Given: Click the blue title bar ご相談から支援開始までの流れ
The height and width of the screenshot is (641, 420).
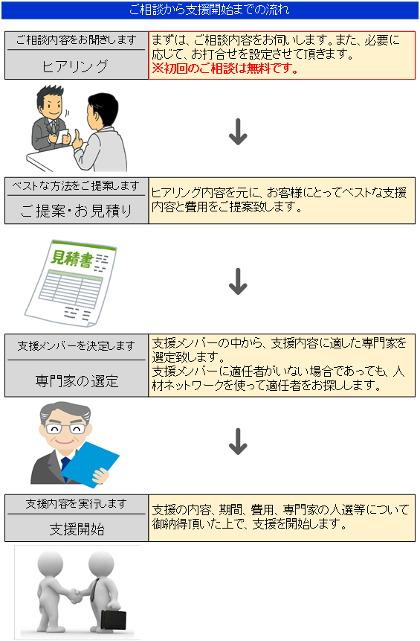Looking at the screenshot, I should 210,10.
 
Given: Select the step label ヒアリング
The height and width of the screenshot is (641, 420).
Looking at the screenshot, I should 77,66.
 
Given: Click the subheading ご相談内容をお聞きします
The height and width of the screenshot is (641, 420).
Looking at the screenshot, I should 77,40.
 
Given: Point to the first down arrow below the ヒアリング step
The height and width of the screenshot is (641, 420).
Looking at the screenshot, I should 237,132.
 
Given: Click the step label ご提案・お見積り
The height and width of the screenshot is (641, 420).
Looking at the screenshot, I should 77,211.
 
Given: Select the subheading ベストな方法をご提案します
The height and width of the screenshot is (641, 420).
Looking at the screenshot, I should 77,186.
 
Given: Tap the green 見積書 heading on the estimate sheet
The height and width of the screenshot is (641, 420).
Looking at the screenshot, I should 68,259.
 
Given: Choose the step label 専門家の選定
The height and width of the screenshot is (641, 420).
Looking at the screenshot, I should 77,380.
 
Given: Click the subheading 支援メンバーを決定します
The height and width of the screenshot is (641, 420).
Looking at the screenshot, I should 77,346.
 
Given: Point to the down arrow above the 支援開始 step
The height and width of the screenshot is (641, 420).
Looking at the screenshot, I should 237,441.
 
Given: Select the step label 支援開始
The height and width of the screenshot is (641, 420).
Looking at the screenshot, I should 77,529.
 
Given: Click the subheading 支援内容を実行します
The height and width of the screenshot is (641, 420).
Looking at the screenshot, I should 77,503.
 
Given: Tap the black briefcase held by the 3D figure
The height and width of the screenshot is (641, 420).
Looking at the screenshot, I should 113,617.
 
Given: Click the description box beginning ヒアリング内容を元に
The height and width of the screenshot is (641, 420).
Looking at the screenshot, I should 282,200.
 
